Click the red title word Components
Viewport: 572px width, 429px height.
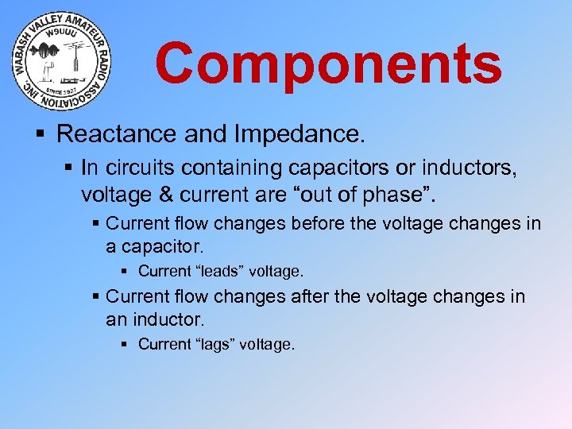(328, 63)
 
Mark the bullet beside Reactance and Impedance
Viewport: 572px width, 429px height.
(45, 133)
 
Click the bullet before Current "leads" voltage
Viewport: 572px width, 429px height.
(128, 271)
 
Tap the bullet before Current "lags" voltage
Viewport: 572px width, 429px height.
(128, 344)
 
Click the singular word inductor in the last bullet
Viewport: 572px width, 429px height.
(166, 320)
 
